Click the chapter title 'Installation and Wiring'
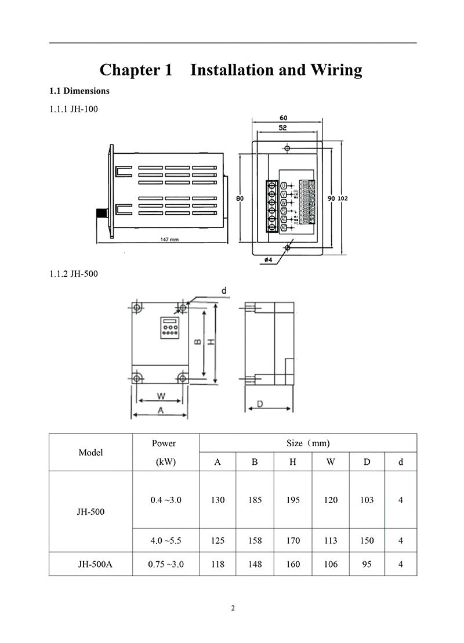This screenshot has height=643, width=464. coord(276,70)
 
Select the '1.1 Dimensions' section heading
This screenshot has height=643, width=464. coord(79,91)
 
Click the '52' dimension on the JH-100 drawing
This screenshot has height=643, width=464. coord(281,127)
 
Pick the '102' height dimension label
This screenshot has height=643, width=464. coord(342,198)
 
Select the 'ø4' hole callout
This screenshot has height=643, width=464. coord(268,260)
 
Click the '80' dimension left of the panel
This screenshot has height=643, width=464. coord(240,198)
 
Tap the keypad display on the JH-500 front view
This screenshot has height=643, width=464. coord(169,328)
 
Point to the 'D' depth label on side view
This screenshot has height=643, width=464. coord(260,403)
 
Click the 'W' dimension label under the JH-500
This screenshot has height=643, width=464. coord(161,397)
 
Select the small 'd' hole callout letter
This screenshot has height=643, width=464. coord(224,290)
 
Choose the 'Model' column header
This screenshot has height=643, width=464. coord(90,452)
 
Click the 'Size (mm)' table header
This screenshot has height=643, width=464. coord(308,443)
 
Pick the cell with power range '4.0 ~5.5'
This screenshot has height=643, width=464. coord(165,540)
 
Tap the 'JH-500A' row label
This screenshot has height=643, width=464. coord(90,563)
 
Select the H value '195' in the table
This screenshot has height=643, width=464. coord(293,500)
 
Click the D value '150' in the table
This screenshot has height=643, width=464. coord(367,540)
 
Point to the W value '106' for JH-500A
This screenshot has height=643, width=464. coord(330,563)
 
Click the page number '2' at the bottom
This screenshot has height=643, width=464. coord(233,608)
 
